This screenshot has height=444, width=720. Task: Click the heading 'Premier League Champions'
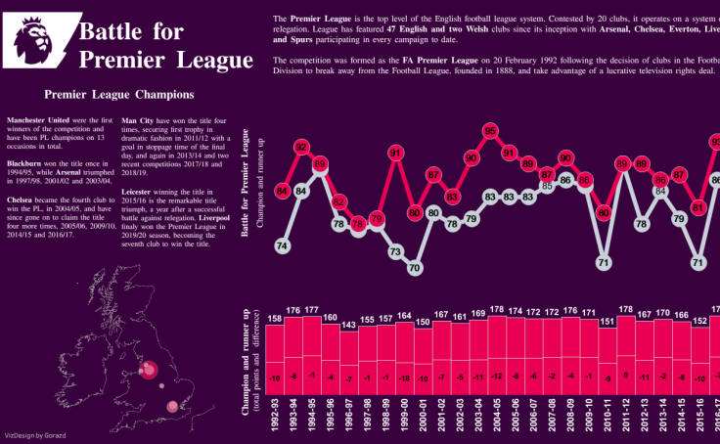click(118, 96)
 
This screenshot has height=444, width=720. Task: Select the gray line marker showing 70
click(415, 267)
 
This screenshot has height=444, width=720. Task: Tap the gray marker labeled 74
click(282, 246)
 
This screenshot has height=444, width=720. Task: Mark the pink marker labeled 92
click(301, 149)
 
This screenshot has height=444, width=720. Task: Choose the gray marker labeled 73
click(395, 251)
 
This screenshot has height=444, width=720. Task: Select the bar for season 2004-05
click(497, 363)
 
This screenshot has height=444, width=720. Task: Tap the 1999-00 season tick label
click(403, 415)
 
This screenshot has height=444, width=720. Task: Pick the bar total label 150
click(422, 322)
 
